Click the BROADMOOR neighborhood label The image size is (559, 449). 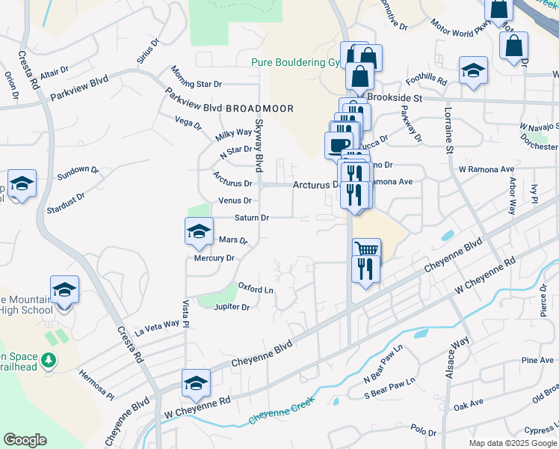(259, 109)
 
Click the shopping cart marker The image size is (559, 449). (366, 249)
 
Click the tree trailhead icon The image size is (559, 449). (50, 361)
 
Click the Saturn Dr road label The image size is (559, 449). (251, 218)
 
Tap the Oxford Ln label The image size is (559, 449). (256, 287)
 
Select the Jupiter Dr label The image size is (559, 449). (231, 307)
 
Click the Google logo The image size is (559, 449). (25, 440)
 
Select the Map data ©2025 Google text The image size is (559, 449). (512, 443)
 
